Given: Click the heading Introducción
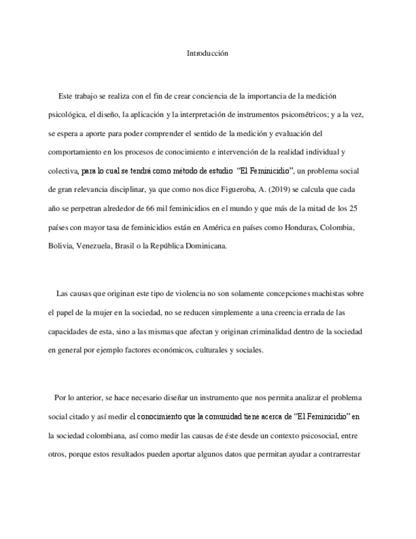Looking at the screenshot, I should [207, 53].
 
